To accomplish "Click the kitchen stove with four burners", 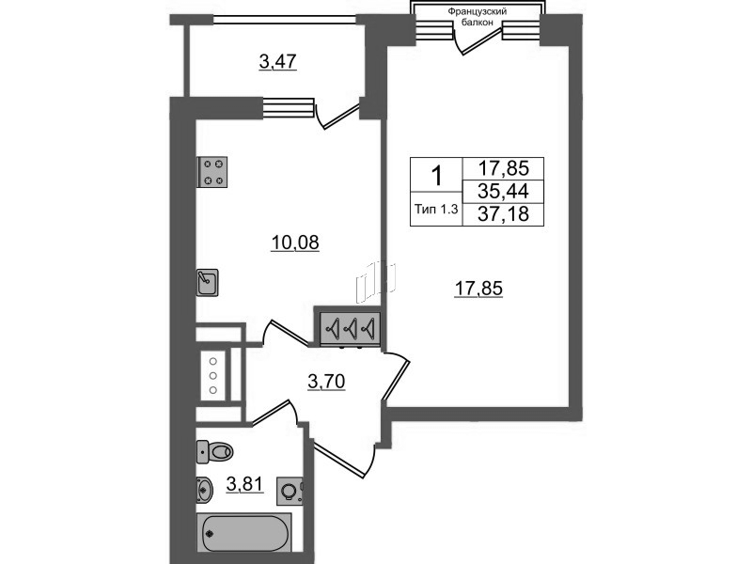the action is (212, 172).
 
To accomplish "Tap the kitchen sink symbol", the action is (207, 283).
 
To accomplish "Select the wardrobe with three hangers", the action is (348, 328).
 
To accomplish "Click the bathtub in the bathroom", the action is (243, 533).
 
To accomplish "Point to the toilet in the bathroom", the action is (214, 451).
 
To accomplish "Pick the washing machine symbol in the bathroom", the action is (290, 491).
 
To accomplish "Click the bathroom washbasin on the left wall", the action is (204, 490).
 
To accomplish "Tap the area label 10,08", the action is (295, 243).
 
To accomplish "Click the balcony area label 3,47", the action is (278, 62).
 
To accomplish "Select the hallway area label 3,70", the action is (326, 383).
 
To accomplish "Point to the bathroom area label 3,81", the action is (244, 484).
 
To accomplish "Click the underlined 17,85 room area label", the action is (478, 289).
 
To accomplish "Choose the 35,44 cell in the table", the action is (503, 192).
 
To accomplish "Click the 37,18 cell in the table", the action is (503, 214).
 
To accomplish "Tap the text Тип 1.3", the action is (436, 209).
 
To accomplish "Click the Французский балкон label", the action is (478, 17).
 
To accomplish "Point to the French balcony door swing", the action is (479, 39).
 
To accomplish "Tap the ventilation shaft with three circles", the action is (214, 376).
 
